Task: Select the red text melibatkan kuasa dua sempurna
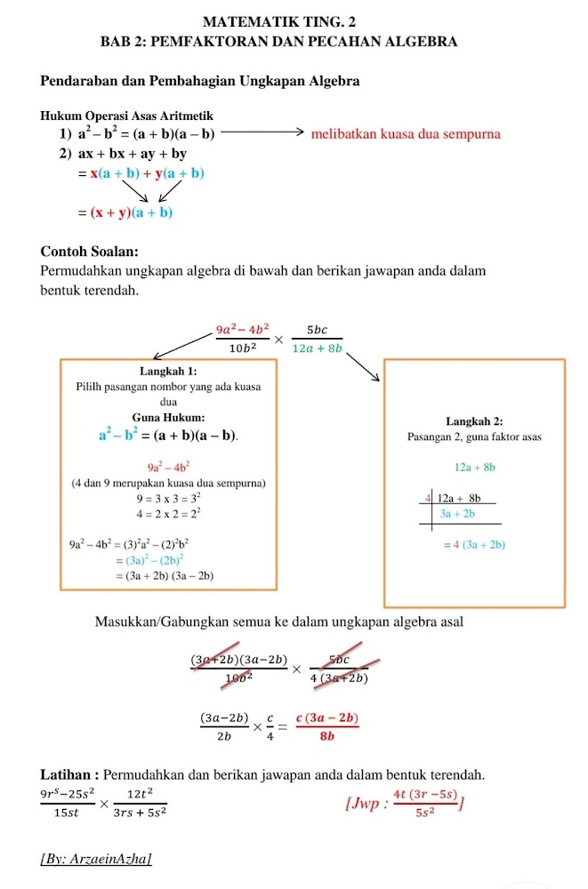coord(406,134)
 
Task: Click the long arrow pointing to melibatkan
coord(262,134)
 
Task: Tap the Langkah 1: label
coord(168,370)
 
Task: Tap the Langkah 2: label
coord(474,420)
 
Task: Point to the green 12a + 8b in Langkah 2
coord(474,466)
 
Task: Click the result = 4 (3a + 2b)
coord(474,544)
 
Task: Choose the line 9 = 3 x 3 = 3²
coord(168,497)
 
